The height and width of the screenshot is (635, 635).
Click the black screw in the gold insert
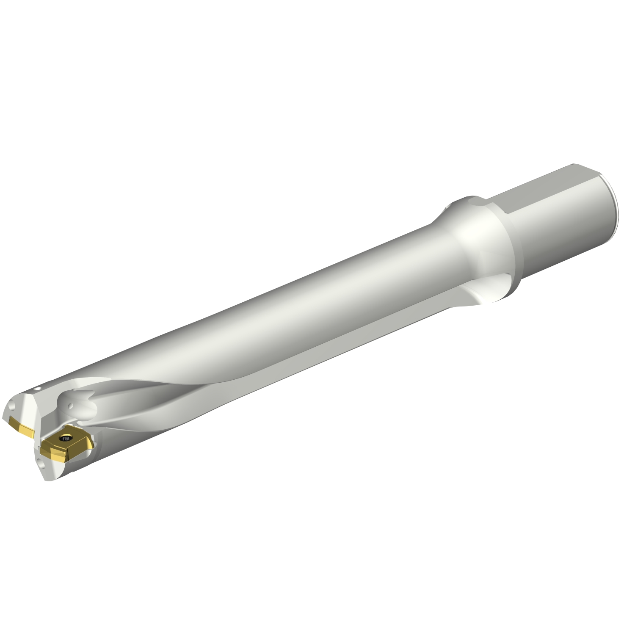(66, 439)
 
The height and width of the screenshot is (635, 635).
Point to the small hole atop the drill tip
(39, 387)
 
